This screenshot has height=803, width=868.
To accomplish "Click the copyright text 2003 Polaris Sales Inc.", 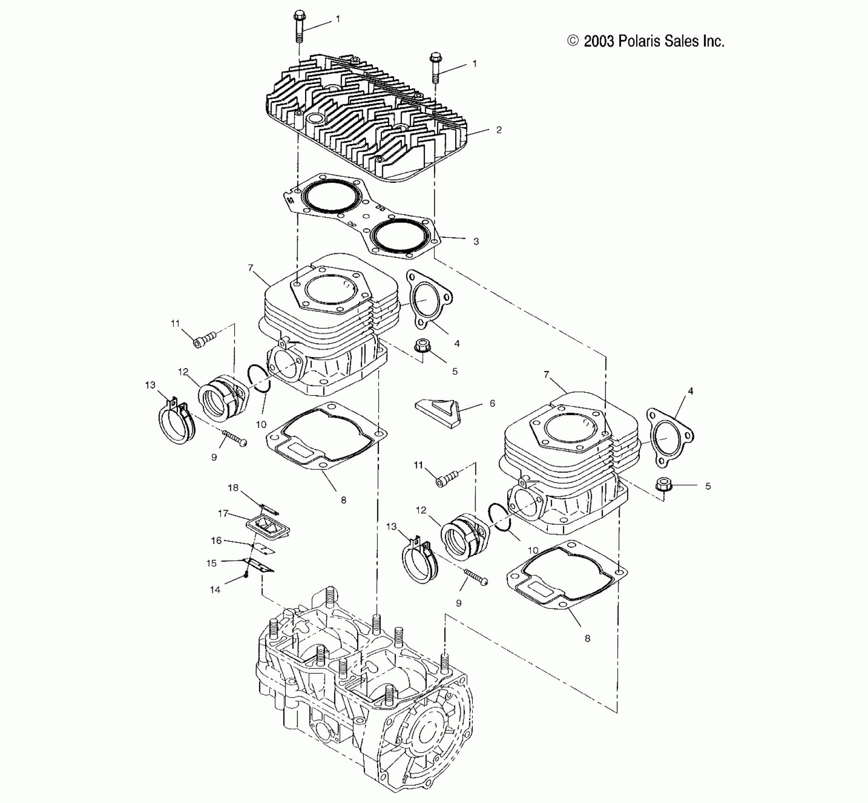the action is [x=646, y=42].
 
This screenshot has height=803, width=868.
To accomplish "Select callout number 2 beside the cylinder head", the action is [x=499, y=130].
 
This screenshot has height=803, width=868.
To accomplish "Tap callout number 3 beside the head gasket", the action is [x=476, y=241].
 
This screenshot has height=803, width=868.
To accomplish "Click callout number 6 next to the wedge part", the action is [x=492, y=403].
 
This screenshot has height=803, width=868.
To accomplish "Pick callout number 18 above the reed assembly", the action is [x=233, y=488].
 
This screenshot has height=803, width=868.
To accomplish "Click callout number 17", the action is [x=223, y=513].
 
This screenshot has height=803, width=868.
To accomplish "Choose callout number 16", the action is [x=216, y=540].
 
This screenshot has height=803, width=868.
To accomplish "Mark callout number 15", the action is [x=212, y=563].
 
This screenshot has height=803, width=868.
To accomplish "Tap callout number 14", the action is [x=215, y=589].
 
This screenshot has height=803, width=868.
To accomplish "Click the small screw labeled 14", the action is [x=246, y=575].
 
